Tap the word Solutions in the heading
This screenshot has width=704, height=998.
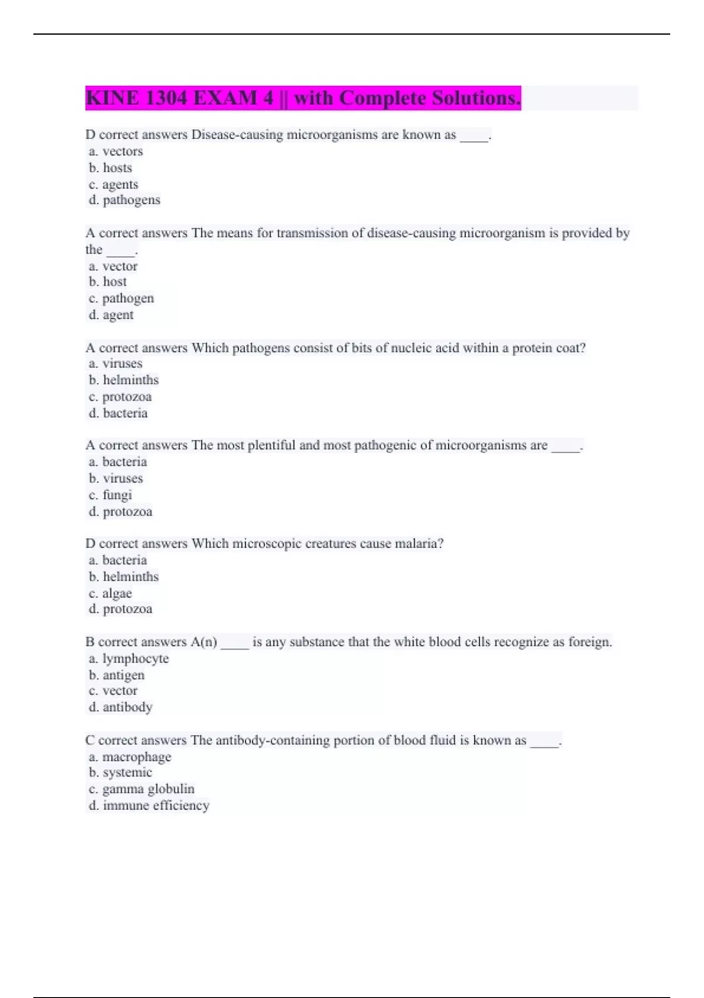(476, 98)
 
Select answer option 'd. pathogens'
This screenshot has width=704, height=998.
(124, 200)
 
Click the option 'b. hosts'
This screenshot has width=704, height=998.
(110, 168)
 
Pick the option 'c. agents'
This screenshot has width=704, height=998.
(114, 184)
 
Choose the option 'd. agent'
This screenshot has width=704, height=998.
(111, 315)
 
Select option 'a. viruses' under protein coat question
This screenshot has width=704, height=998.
(116, 364)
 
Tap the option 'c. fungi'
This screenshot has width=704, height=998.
(110, 495)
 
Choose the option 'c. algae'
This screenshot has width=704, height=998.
(110, 594)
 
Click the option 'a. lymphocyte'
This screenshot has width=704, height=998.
(128, 659)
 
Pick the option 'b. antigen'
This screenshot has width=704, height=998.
(117, 675)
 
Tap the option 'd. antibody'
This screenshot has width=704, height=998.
(120, 707)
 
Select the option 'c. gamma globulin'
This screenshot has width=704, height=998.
(141, 789)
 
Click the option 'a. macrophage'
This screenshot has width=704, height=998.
(130, 757)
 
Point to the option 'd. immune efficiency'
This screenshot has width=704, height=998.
(149, 805)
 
